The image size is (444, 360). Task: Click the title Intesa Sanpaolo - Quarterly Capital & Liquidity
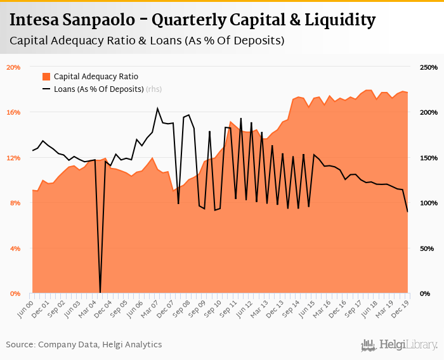click(x=192, y=20)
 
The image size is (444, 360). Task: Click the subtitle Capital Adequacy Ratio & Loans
click(x=147, y=41)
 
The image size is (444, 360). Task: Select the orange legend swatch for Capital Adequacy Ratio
click(x=46, y=76)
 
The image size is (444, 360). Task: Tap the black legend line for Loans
click(x=46, y=89)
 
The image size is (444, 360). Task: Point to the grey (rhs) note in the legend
click(x=154, y=89)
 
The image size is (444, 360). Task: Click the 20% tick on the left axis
click(x=13, y=67)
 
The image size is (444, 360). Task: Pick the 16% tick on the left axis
click(x=13, y=112)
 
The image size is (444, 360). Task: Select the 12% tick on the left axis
click(x=13, y=157)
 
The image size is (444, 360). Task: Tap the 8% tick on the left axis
click(x=15, y=203)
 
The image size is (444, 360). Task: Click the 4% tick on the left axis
click(x=15, y=248)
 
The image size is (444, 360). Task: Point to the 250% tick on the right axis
click(x=429, y=67)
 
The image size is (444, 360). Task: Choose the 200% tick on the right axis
click(x=429, y=112)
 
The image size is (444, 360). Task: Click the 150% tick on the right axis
click(x=429, y=157)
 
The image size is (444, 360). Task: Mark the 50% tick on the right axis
click(x=427, y=248)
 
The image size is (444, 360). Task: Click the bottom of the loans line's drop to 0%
click(x=100, y=292)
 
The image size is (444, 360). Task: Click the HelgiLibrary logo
click(x=400, y=345)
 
